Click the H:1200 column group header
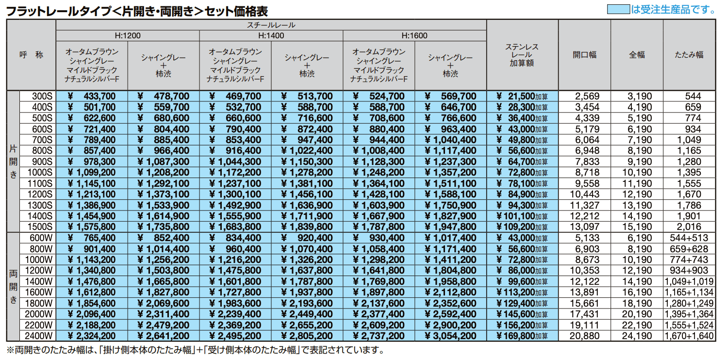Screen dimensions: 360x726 128,35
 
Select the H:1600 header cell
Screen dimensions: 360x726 414,35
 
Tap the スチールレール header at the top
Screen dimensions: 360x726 271,25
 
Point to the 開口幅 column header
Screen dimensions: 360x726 584,55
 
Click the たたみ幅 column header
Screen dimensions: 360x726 689,55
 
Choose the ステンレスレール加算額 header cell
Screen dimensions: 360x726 522,55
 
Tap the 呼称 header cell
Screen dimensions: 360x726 31,55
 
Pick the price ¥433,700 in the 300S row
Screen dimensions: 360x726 92,97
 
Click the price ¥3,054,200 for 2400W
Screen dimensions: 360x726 451,335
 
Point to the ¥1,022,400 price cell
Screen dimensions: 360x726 307,151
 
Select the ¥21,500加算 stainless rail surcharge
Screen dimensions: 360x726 522,97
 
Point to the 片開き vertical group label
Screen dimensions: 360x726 13,162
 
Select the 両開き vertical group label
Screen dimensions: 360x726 13,287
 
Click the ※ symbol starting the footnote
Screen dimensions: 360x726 10,350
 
